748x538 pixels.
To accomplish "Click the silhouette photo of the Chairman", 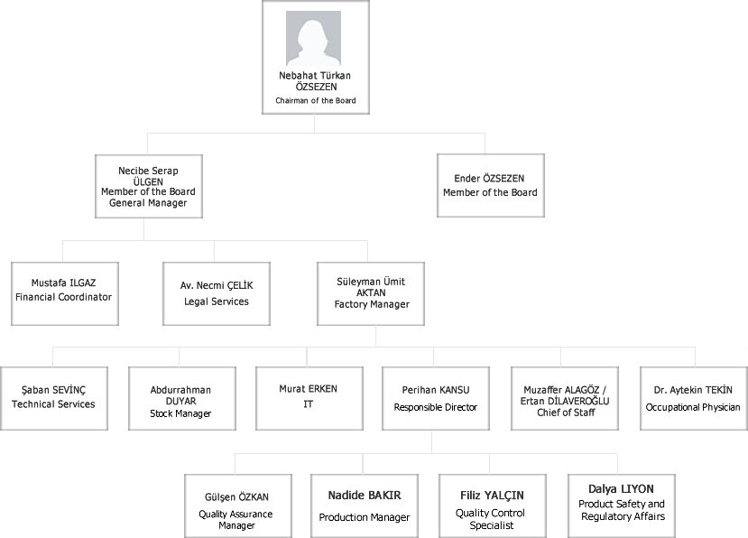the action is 313,39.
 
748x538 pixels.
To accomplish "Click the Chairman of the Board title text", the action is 315,101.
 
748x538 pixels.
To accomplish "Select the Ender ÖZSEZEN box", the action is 491,185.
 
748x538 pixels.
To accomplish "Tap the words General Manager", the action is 148,203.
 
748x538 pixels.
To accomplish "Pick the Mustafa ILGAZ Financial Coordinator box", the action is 65,293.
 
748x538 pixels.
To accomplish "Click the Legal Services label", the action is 217,301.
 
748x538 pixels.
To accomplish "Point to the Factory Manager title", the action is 372,304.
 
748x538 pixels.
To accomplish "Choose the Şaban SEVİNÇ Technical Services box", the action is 54,398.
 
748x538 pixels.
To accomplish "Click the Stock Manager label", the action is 180,413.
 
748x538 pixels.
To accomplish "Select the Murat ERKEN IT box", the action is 309,398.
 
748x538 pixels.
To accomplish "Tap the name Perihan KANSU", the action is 436,390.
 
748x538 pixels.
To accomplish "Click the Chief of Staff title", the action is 566,413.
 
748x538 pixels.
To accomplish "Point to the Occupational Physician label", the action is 693,407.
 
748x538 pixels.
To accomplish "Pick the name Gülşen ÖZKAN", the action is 236,497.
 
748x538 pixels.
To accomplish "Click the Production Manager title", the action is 365,517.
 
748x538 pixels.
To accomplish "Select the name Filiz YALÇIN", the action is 492,496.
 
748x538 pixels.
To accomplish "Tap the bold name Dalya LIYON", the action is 621,489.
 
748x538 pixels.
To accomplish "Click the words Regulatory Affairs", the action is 623,516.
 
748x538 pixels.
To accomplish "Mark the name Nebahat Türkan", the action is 315,76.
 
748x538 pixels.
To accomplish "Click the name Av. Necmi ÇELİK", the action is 217,285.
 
